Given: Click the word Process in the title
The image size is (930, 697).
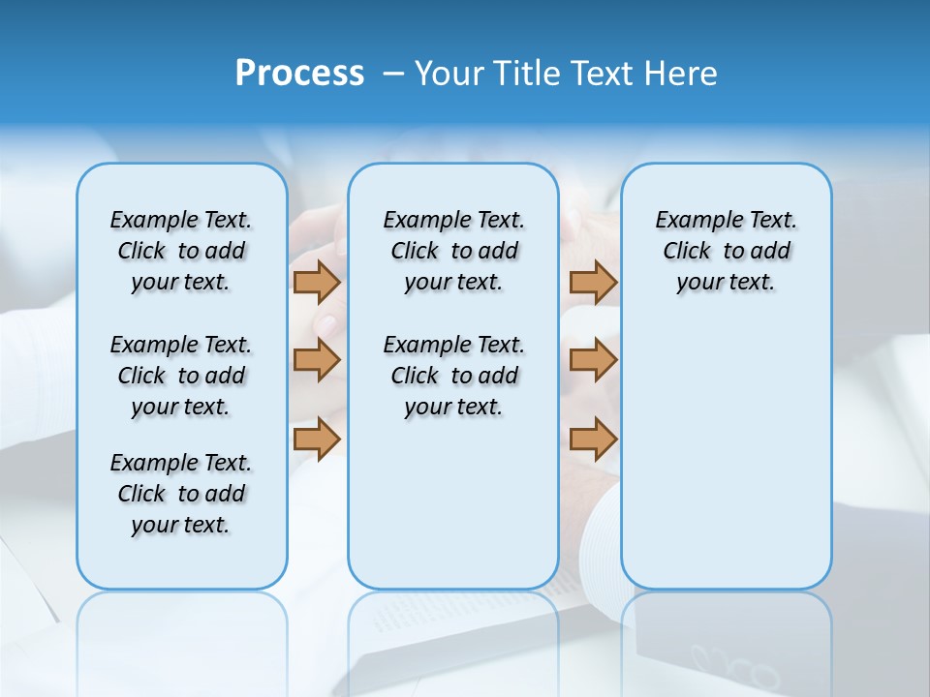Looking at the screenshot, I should coord(299,73).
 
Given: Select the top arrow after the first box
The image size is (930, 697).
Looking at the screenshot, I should coord(317,282).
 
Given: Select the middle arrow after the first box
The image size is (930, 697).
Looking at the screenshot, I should coord(317,360).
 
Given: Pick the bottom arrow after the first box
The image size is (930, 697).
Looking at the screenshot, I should coord(317,439).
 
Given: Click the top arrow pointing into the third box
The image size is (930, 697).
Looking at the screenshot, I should coord(593,282).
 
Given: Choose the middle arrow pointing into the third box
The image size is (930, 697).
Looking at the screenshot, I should coord(593,360).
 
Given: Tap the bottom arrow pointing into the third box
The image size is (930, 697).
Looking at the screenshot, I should coord(593,439).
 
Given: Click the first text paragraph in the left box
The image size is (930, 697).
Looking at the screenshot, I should coord(181,251).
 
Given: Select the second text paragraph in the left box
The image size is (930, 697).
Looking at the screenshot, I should coord(181,376).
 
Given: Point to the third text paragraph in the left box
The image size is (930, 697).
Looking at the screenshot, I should coord(181,494).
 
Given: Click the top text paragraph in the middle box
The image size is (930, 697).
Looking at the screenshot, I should coord(453,251).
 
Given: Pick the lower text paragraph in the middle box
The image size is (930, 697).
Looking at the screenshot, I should coord(453,376).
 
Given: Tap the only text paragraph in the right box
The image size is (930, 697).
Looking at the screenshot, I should coord(726,251).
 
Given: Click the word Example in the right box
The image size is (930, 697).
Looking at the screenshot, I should coord(690,221).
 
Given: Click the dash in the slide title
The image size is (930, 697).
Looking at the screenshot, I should coord(393,73).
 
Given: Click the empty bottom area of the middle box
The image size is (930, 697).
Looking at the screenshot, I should coord(453,513).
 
